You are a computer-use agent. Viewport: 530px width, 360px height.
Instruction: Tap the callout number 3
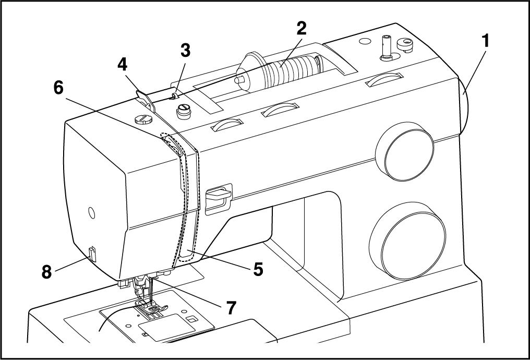[185, 51]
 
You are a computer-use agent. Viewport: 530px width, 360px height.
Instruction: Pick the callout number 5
[258, 269]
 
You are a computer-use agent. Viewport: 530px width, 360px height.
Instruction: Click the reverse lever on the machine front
[219, 195]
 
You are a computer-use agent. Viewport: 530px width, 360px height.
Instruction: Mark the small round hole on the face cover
[91, 212]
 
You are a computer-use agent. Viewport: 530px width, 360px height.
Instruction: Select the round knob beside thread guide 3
[183, 111]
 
